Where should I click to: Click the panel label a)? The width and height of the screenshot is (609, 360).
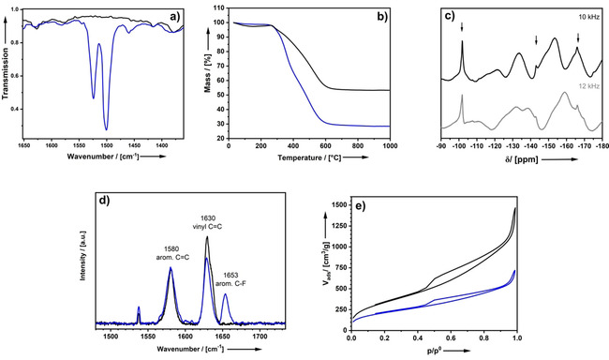click(x=186, y=15)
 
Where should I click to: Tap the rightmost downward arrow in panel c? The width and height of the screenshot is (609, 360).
click(x=578, y=38)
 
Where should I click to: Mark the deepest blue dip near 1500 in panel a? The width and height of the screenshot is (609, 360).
click(x=106, y=128)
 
